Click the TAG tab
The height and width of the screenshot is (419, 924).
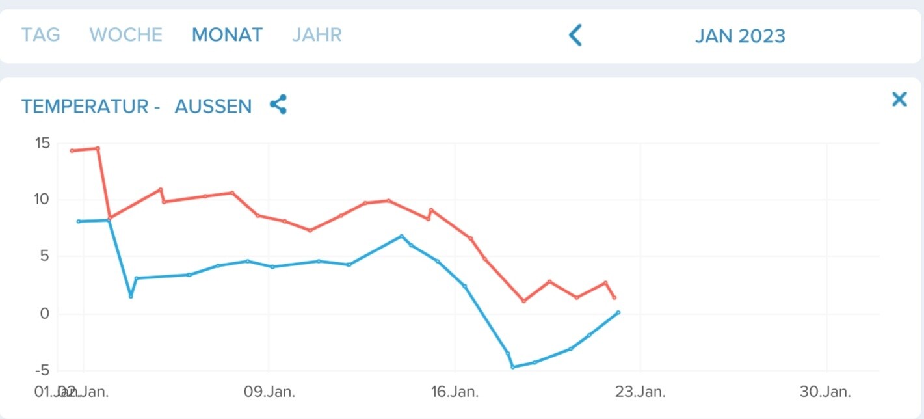click(40, 34)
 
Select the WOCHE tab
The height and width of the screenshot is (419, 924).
click(125, 34)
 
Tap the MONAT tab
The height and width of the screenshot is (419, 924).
click(227, 34)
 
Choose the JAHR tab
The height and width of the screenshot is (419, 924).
click(317, 34)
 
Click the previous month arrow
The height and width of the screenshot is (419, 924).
click(575, 35)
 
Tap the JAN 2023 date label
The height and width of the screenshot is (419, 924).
click(740, 36)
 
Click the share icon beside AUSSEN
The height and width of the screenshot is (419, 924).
click(278, 104)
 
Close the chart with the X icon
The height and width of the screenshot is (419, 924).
click(899, 99)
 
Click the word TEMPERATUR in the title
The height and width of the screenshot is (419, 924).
click(85, 106)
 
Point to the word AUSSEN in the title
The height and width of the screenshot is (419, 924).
click(213, 106)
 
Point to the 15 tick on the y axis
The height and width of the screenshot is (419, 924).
click(42, 142)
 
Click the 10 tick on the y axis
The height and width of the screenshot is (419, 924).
click(42, 199)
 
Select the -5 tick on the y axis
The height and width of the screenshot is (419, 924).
click(42, 370)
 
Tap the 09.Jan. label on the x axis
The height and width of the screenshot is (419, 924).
click(269, 392)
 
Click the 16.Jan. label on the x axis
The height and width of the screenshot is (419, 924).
click(455, 392)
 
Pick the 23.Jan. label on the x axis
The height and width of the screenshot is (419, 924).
click(640, 392)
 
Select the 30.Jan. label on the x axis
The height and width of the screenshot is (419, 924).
click(826, 392)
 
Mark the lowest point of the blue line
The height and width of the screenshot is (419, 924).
click(512, 367)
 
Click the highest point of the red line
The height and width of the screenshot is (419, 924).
click(98, 148)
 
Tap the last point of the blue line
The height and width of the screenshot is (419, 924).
click(618, 312)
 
